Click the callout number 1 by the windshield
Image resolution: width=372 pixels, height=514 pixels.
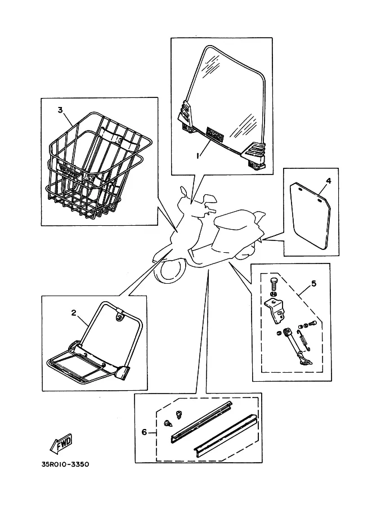click(198, 156)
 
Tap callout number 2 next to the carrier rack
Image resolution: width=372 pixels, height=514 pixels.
click(74, 312)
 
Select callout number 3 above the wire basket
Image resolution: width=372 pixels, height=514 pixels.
click(60, 110)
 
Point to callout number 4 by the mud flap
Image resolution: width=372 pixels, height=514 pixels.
click(329, 181)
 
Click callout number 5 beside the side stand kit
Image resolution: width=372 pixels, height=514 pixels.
click(313, 283)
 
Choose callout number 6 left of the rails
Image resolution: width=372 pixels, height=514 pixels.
click(144, 432)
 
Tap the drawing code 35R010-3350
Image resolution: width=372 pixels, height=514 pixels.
click(65, 464)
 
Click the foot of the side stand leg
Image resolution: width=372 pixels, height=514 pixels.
click(307, 361)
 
